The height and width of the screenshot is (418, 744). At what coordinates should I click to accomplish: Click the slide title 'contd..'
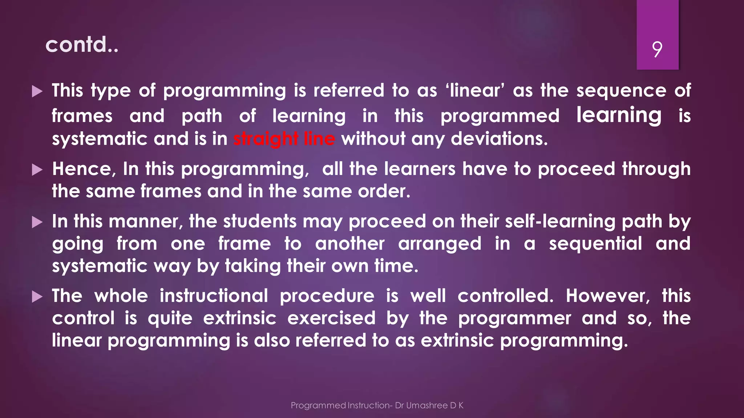[82, 45]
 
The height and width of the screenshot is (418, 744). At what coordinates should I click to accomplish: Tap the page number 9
[657, 49]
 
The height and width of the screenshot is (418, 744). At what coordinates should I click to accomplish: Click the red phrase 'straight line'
[284, 139]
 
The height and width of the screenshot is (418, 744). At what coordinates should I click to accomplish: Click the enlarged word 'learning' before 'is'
[619, 115]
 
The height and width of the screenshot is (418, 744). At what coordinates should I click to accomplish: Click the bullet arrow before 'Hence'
[37, 169]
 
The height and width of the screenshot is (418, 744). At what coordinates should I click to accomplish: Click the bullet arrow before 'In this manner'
[37, 222]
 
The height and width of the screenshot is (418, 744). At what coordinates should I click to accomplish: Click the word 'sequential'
[595, 243]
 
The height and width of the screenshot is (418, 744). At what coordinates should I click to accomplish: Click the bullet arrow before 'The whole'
[37, 296]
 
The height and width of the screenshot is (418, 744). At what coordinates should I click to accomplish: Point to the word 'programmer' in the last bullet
[514, 319]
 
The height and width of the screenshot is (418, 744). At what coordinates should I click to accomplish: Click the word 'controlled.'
[505, 296]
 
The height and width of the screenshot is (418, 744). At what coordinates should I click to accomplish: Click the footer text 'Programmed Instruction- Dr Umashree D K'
[377, 405]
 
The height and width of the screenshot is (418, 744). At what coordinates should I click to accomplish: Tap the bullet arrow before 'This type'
[37, 91]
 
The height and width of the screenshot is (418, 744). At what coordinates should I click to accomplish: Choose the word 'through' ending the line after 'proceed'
[656, 169]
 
